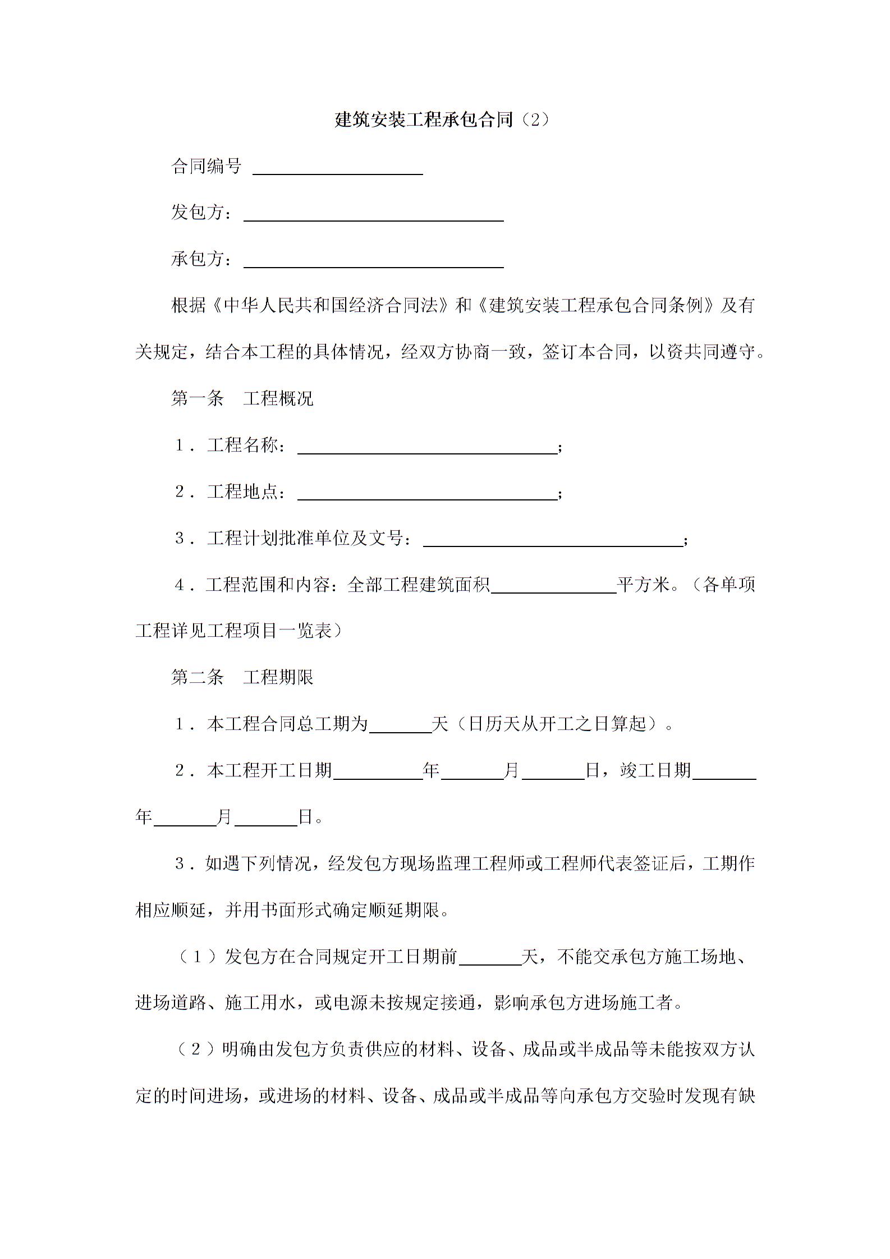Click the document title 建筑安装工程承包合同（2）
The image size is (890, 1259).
(x=442, y=120)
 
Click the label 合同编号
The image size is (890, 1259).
(x=206, y=166)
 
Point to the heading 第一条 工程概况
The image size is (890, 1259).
(x=242, y=398)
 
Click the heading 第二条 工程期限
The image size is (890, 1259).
(x=242, y=677)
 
